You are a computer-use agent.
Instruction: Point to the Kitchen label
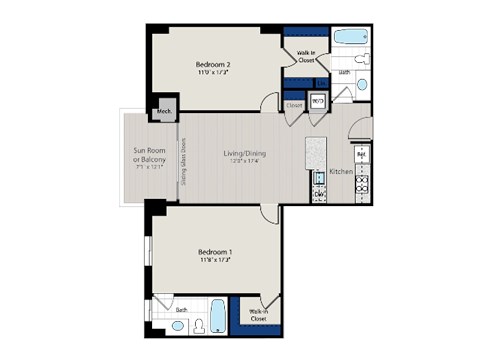pos(340,172)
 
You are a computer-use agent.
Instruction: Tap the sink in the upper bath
pos(363,86)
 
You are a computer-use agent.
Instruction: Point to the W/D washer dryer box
pos(319,101)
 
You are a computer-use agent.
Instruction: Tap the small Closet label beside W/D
pos(294,104)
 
